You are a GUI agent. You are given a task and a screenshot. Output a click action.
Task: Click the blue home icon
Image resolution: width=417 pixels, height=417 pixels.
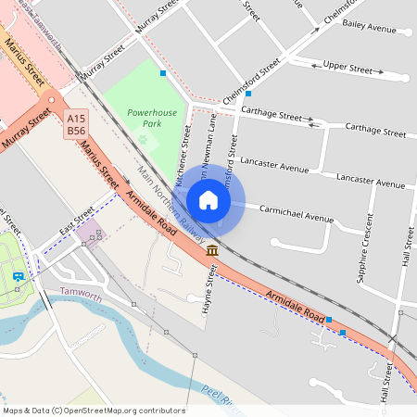tap(208, 200)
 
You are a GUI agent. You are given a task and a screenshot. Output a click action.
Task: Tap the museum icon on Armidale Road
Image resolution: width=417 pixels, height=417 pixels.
tap(212, 250)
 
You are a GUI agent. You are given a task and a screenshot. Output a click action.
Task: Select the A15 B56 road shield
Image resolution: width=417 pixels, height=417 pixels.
tap(76, 124)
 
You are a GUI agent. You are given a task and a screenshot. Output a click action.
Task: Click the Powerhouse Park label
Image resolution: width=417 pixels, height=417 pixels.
tap(145, 117)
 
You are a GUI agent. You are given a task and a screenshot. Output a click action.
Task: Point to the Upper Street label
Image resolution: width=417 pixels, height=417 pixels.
tap(347, 69)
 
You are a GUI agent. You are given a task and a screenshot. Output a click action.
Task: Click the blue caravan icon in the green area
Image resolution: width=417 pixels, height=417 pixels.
tap(18, 276)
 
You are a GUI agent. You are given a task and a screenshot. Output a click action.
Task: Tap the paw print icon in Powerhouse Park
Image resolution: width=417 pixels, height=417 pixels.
tap(143, 140)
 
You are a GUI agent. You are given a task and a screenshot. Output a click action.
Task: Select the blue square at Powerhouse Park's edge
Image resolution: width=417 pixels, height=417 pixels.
tap(163, 72)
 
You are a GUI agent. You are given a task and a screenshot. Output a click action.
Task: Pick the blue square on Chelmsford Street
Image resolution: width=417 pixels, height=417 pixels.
tap(248, 94)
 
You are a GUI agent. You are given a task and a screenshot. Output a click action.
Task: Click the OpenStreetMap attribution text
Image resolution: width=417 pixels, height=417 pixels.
tap(94, 411)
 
